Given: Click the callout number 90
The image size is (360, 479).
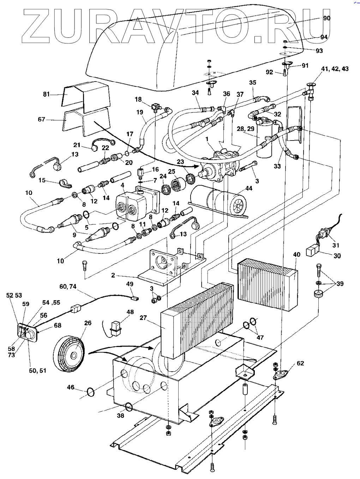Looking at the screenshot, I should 327,18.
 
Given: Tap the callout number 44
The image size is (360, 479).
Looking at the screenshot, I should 249,188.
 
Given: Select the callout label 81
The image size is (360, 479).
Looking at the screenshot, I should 47,94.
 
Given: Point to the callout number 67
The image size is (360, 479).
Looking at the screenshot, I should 42,119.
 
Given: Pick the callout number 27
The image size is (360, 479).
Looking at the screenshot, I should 143,318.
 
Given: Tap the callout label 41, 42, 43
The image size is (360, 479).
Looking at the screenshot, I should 335,69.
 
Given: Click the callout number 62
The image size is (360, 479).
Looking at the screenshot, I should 300,363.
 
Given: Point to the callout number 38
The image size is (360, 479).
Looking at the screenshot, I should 121,415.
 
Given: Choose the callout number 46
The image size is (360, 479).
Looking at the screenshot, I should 71,387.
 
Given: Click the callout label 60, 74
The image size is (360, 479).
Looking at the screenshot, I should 68,287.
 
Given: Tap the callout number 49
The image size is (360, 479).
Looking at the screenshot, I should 130,284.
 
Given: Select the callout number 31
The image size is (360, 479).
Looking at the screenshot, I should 336,245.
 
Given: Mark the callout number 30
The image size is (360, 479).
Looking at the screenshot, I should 337,256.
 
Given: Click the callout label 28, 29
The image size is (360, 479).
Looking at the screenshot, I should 246,129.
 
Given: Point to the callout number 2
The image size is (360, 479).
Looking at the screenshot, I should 113,275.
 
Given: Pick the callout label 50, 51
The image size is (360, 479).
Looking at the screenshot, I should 38,370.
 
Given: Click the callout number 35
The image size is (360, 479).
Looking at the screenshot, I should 253,83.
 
